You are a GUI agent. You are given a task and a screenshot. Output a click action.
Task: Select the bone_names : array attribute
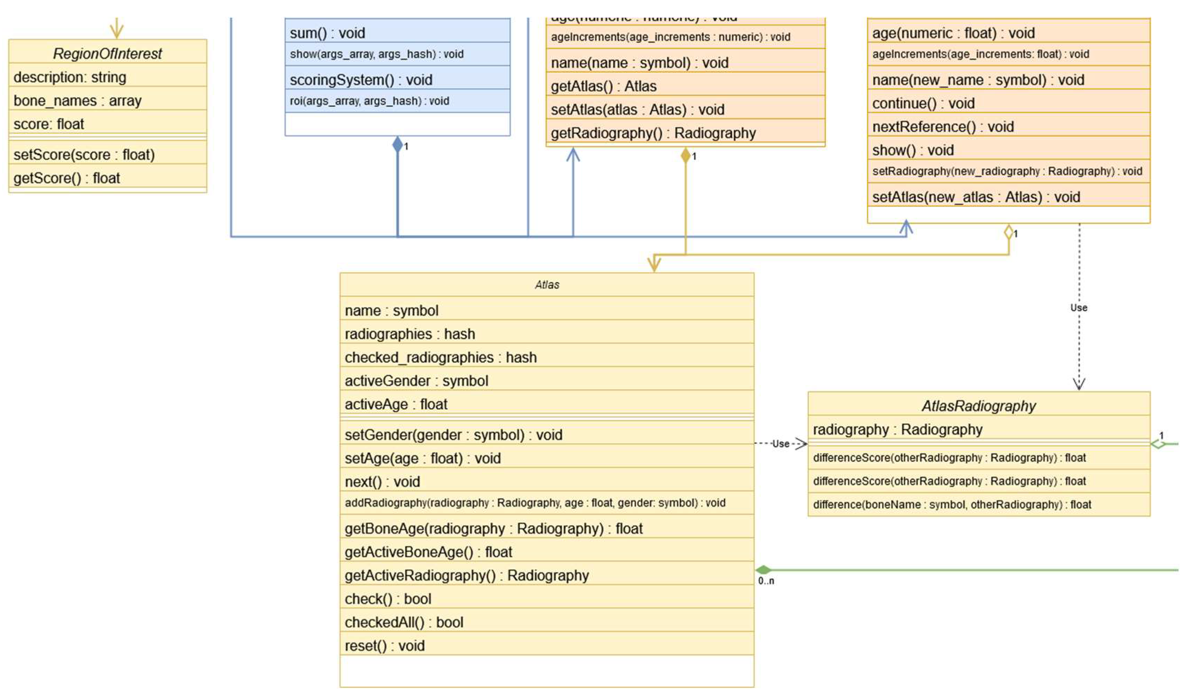click(x=77, y=101)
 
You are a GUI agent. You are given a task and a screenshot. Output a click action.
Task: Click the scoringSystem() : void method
click(x=361, y=80)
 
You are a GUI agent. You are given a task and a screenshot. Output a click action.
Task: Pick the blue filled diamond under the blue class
click(x=397, y=145)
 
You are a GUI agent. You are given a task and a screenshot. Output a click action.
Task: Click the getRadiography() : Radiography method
click(x=653, y=133)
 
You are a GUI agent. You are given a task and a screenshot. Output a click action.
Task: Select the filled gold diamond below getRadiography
click(x=686, y=155)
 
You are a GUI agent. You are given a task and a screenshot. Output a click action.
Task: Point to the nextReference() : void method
click(x=942, y=127)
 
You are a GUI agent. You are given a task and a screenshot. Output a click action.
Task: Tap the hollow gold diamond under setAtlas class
click(x=1008, y=232)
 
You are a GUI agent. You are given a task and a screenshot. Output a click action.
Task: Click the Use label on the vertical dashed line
click(x=1079, y=308)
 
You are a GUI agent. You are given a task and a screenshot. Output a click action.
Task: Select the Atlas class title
click(x=547, y=285)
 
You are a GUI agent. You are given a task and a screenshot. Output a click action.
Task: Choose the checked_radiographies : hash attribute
click(x=440, y=357)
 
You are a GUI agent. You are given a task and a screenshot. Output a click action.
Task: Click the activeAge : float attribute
click(x=396, y=404)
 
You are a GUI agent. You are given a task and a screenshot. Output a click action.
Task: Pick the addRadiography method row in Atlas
click(x=535, y=503)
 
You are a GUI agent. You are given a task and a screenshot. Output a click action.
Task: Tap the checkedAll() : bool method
click(x=404, y=622)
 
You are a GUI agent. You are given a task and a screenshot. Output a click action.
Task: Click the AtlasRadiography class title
click(x=979, y=406)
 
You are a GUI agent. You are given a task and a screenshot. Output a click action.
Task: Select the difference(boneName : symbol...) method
click(x=952, y=505)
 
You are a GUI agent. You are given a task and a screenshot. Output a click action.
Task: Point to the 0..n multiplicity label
click(x=766, y=581)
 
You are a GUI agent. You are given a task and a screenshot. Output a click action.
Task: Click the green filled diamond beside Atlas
click(x=764, y=570)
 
